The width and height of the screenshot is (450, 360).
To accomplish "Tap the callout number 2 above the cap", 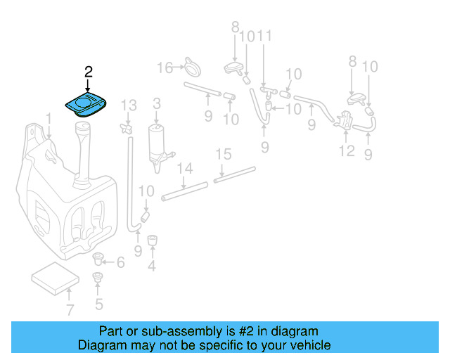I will click(x=88, y=72).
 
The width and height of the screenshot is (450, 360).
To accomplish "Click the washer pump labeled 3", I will click(x=156, y=144).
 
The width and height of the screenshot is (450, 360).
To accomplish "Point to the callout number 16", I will click(x=165, y=67).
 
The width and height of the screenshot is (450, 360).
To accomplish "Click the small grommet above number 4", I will click(x=151, y=240).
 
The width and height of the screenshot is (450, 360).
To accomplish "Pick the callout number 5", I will click(x=98, y=304).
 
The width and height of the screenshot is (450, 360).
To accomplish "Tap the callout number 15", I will click(x=223, y=153).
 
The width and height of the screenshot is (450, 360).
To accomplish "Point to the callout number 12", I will click(x=347, y=150).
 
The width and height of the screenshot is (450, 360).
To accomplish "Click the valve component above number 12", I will click(x=347, y=120).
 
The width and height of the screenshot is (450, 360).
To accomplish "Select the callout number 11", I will click(x=264, y=36).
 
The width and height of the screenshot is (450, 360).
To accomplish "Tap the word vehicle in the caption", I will click(x=311, y=345).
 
